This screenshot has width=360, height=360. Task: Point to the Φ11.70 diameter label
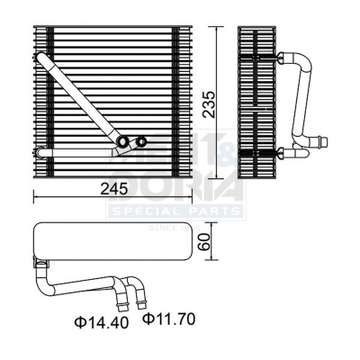168,319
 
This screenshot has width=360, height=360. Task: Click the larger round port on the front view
123,141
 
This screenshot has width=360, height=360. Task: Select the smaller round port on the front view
141,140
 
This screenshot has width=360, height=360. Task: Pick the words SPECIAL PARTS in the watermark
175,211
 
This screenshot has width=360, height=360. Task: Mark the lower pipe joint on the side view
274,149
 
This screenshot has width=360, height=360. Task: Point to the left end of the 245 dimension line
33,195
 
